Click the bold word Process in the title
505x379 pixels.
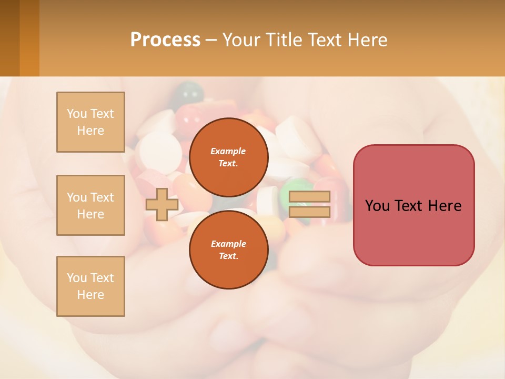tap(165, 39)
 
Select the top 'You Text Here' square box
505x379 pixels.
tap(90, 122)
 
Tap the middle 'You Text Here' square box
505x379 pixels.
tap(90, 205)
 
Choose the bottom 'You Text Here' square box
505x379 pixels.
tap(90, 286)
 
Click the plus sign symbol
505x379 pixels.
tap(161, 204)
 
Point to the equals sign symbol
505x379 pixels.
tap(309, 204)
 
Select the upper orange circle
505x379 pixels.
tap(229, 157)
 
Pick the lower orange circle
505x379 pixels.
tap(229, 250)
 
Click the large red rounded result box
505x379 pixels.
tap(413, 205)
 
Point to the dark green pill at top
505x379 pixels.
tap(188, 93)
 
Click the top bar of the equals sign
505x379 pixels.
tap(309, 197)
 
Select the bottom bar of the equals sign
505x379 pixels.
tap(309, 212)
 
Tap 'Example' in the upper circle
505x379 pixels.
tap(228, 151)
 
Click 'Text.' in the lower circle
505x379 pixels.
tap(228, 256)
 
